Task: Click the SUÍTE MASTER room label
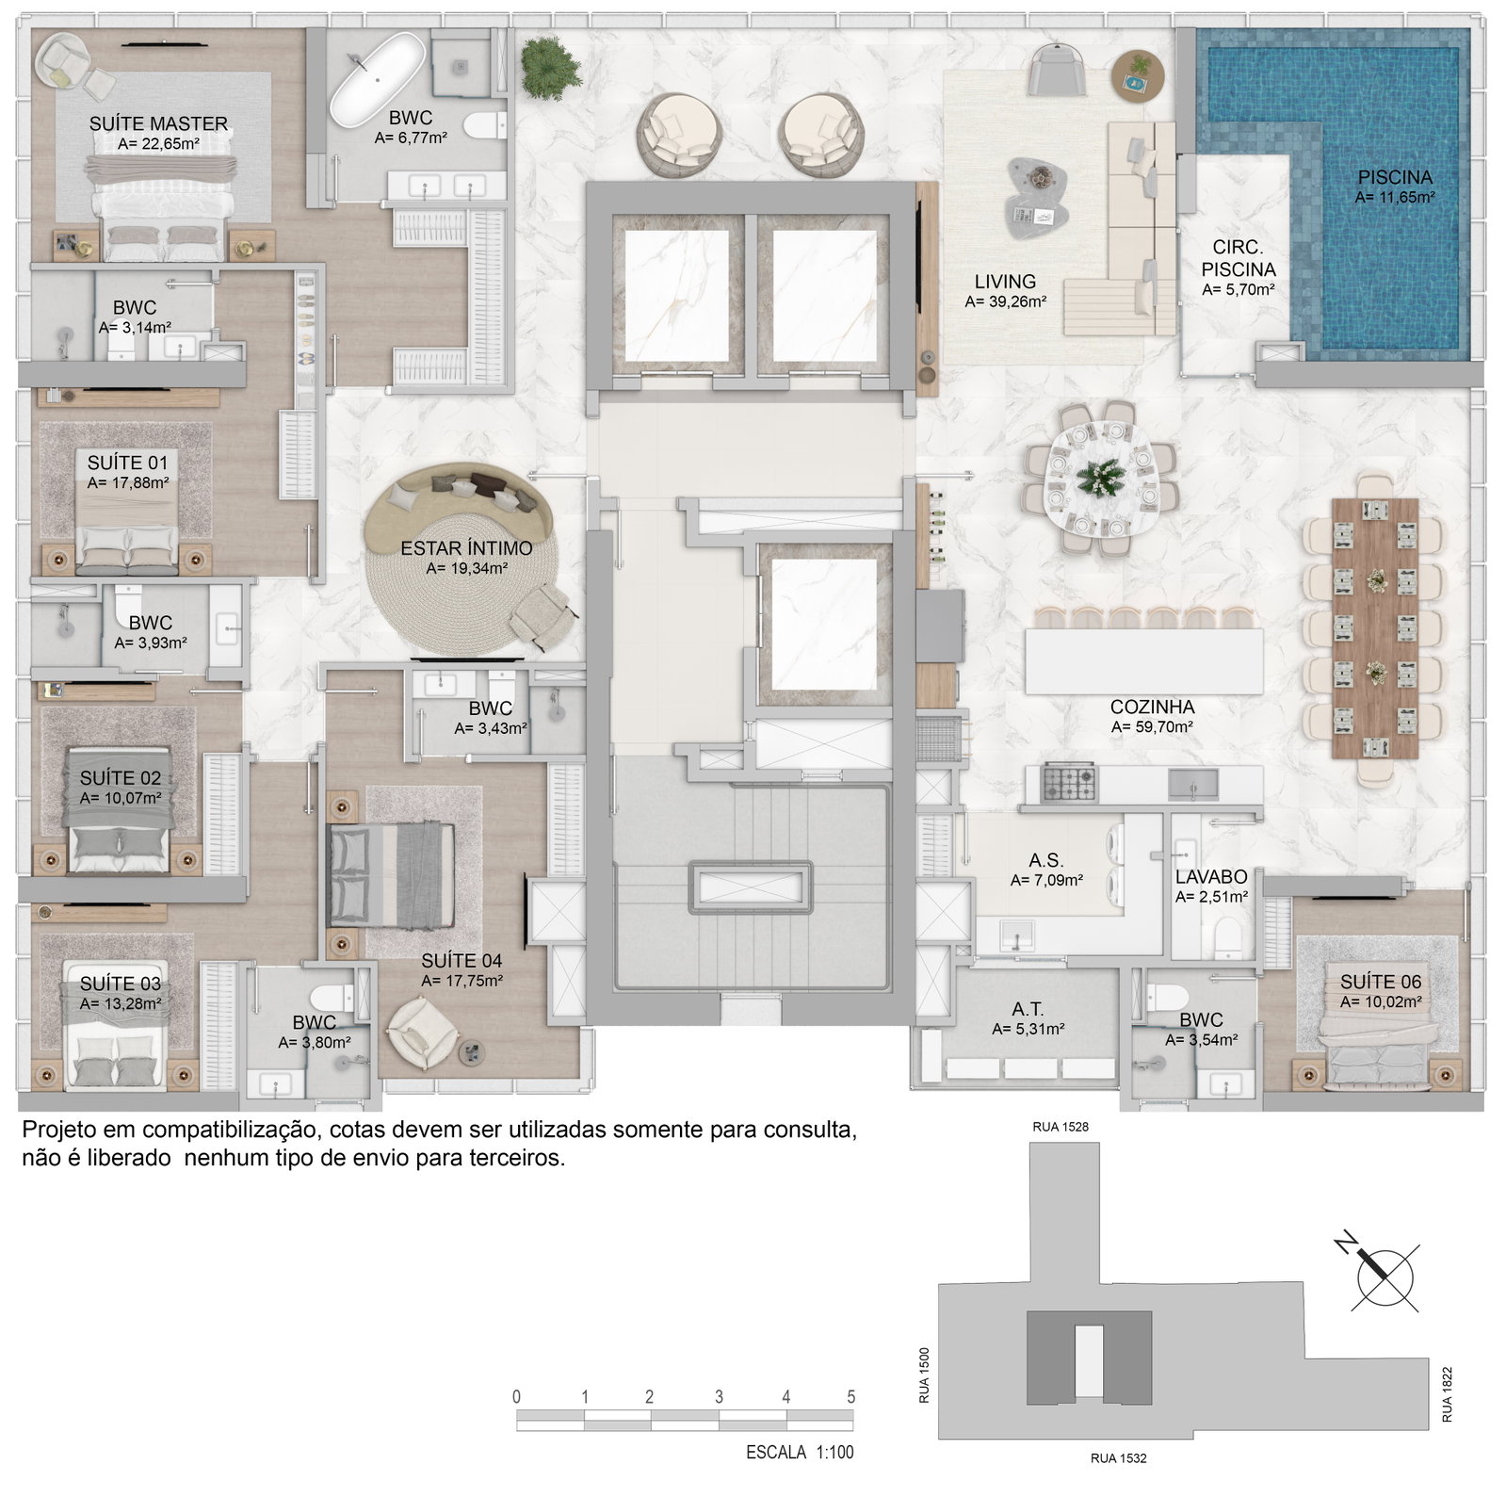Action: pyautogui.click(x=158, y=123)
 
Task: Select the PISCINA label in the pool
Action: pyautogui.click(x=1395, y=177)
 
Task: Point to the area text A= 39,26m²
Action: pyautogui.click(x=1006, y=301)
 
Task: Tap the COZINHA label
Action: pyautogui.click(x=1152, y=707)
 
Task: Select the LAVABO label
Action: pyautogui.click(x=1211, y=877)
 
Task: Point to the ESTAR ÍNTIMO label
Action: pyautogui.click(x=466, y=548)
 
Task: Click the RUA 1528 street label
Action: pyautogui.click(x=1061, y=1127)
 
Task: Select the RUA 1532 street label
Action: pyautogui.click(x=1118, y=1458)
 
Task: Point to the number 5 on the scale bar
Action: pyautogui.click(x=850, y=1396)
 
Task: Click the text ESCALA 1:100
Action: pyautogui.click(x=800, y=1452)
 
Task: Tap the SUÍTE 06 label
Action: pyautogui.click(x=1381, y=982)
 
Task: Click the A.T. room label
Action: pyautogui.click(x=1029, y=1009)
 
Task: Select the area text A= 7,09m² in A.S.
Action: pyautogui.click(x=1046, y=881)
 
